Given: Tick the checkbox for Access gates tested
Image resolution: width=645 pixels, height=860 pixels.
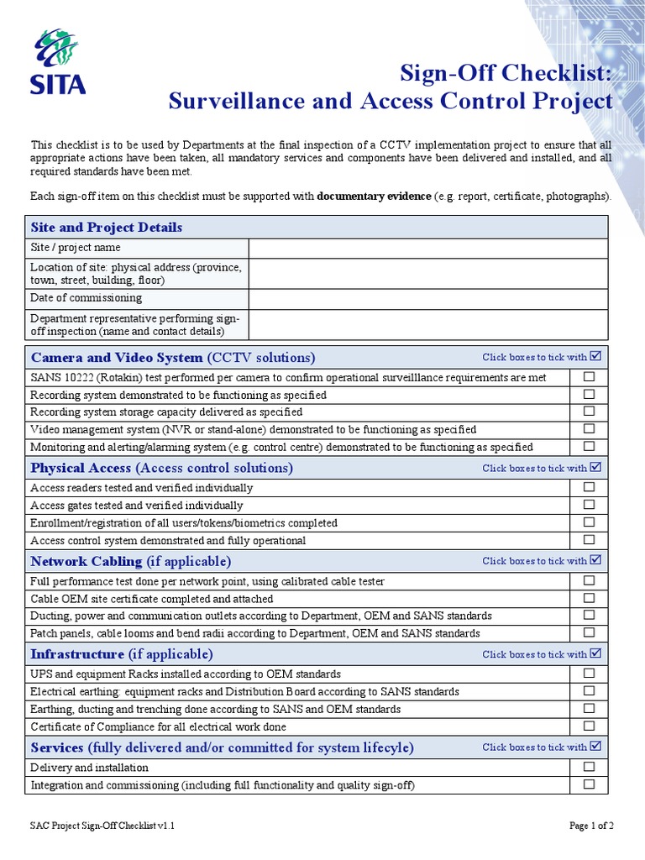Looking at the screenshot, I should click(589, 505).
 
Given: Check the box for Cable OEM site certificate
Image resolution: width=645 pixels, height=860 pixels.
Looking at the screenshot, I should click(589, 598).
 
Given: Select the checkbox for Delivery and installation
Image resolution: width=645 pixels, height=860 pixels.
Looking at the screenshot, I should click(589, 767).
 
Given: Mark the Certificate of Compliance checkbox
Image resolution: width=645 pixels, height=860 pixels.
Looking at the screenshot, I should click(589, 726).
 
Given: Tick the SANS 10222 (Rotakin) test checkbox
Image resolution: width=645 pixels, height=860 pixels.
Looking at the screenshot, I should click(589, 377).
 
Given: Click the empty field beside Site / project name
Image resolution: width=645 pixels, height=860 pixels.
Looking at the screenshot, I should click(427, 248).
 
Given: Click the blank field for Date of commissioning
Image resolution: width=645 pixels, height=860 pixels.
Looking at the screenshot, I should click(427, 298).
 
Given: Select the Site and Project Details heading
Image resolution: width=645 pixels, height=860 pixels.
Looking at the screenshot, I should click(107, 228).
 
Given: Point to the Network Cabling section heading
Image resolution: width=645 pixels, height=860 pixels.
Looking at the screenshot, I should click(131, 560).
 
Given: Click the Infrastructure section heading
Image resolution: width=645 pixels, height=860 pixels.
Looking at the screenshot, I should click(122, 653).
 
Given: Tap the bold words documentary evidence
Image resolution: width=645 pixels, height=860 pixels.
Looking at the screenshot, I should click(374, 197).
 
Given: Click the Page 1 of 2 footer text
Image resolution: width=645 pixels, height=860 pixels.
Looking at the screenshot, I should click(591, 826).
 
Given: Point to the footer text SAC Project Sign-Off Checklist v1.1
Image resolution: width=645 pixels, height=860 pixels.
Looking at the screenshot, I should click(102, 826).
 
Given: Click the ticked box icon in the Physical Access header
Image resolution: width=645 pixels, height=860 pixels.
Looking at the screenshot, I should click(596, 467).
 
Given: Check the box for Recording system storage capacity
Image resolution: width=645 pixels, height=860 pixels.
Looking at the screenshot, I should click(589, 412).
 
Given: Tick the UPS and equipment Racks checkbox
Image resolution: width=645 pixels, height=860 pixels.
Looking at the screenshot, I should click(589, 673).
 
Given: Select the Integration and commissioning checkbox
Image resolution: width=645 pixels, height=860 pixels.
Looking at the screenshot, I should click(589, 784).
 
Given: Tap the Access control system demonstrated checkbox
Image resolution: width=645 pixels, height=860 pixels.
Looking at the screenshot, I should click(589, 540).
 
